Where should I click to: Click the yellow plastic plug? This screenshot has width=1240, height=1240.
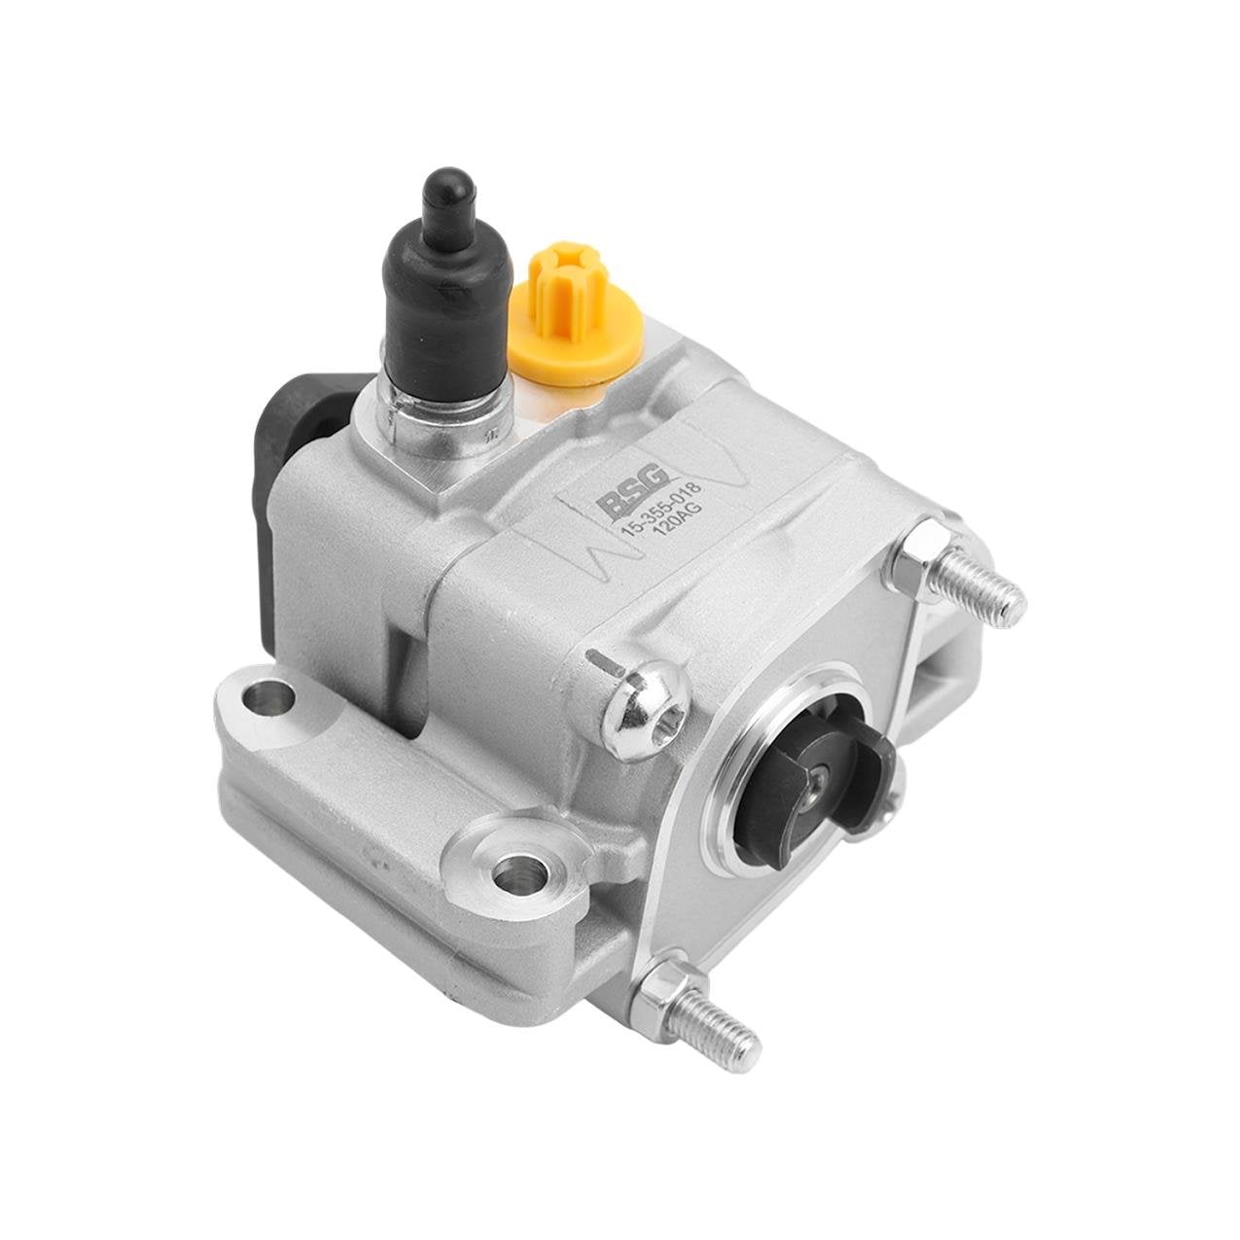[575, 314]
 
